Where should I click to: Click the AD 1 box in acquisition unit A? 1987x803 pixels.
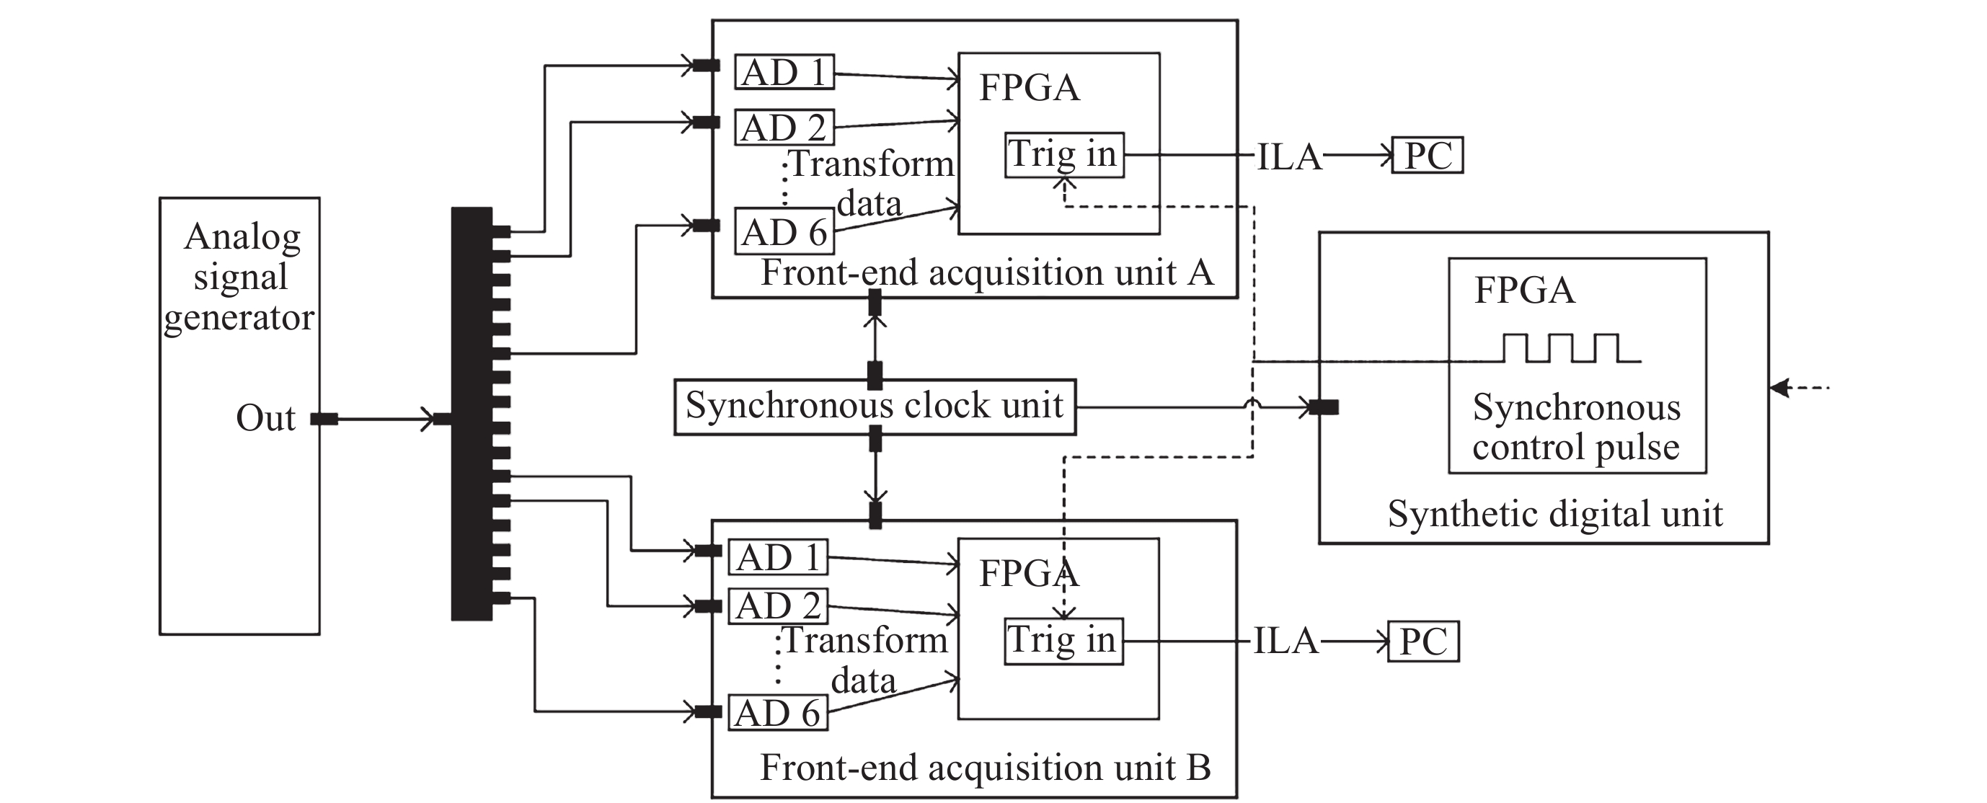[x=784, y=72]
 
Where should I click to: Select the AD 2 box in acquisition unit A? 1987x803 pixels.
[x=784, y=128]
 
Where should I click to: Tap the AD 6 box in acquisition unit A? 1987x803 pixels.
[x=784, y=231]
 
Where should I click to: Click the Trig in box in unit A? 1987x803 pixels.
[x=1063, y=154]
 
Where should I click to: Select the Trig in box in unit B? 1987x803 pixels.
[x=1063, y=640]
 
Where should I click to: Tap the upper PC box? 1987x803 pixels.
[x=1427, y=155]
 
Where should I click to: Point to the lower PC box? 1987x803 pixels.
[x=1423, y=642]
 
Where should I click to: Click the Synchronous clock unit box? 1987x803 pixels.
[x=875, y=407]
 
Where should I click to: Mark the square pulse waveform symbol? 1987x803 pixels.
[x=1570, y=348]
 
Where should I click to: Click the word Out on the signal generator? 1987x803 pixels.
[x=265, y=418]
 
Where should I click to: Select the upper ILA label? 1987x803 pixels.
[x=1289, y=156]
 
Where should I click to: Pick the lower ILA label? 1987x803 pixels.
[x=1285, y=641]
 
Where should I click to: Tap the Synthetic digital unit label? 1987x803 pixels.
[x=1554, y=514]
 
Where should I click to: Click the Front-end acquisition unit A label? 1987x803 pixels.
[x=986, y=272]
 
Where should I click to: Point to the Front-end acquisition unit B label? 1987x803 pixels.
[x=985, y=767]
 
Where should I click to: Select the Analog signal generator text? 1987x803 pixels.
[x=240, y=277]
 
